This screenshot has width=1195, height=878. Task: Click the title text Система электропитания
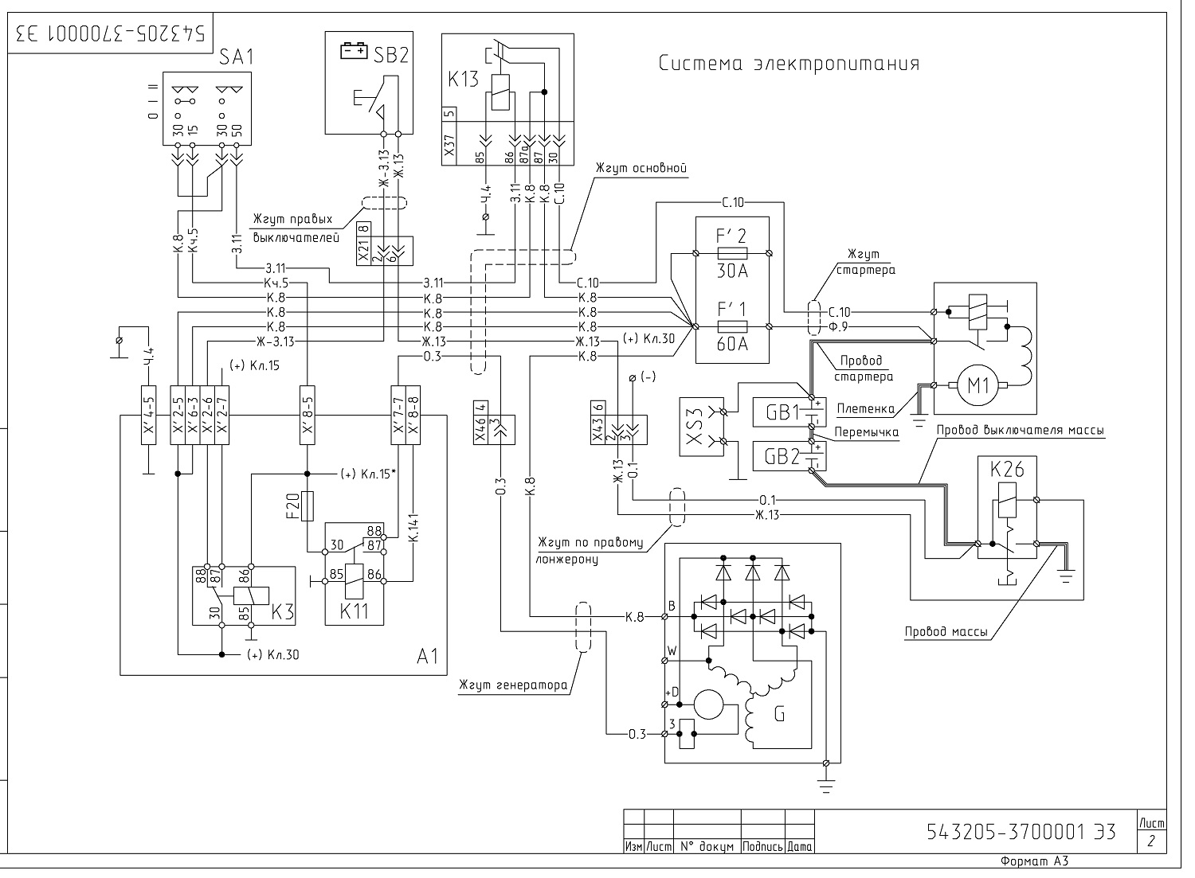(x=789, y=64)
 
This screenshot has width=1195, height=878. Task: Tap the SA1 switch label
(x=237, y=57)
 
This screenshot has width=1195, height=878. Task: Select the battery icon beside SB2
(x=354, y=51)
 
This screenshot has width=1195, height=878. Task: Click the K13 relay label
(x=463, y=80)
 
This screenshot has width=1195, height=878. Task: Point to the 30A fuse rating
(x=732, y=271)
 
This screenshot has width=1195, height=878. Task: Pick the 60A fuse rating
(x=732, y=344)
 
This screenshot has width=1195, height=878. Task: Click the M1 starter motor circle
(x=978, y=384)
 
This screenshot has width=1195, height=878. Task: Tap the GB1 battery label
(x=782, y=412)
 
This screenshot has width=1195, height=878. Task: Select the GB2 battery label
(x=782, y=457)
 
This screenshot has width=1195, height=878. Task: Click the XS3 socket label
(x=694, y=427)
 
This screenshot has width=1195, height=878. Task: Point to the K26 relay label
(x=1007, y=469)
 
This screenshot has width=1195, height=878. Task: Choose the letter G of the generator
(x=779, y=713)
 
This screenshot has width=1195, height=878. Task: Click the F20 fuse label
(x=293, y=505)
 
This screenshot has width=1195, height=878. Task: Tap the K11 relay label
(x=355, y=611)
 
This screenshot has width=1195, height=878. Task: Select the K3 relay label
(x=283, y=612)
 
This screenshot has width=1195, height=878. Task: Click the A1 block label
(x=427, y=656)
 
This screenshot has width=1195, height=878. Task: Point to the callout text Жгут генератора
(x=513, y=685)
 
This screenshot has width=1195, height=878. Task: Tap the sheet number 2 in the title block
(x=1151, y=841)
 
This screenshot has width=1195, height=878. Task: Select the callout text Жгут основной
(x=641, y=168)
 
